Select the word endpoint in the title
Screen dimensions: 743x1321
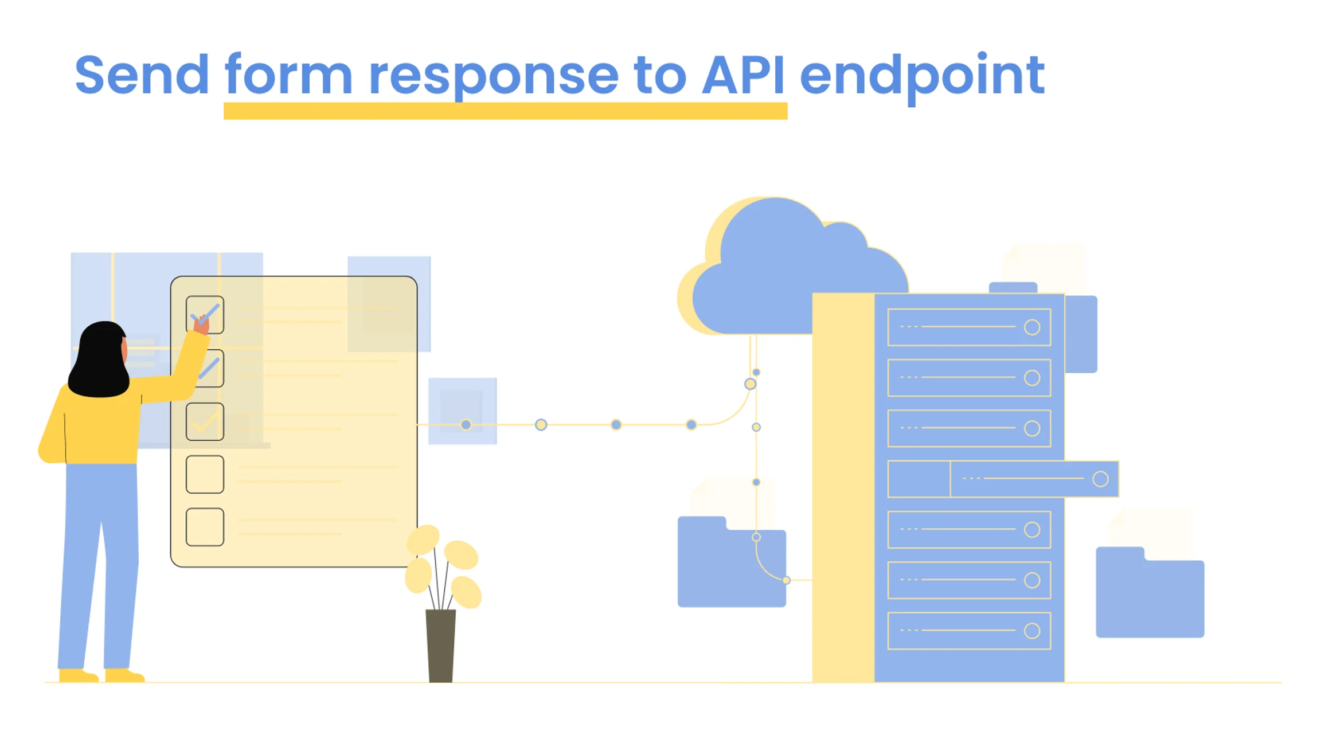click(x=922, y=76)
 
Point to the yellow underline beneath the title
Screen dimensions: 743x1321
click(x=505, y=111)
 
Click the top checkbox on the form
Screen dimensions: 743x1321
click(x=205, y=314)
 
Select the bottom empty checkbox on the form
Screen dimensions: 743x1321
click(x=205, y=526)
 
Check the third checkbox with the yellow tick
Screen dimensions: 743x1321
click(x=205, y=421)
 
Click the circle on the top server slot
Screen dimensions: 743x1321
click(x=1031, y=327)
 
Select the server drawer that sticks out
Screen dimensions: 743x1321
click(x=1032, y=479)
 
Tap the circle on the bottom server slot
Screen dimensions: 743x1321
click(x=1031, y=631)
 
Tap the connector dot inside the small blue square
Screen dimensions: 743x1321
click(x=466, y=425)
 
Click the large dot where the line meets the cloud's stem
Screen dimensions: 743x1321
click(x=750, y=384)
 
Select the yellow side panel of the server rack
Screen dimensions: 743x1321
click(x=843, y=487)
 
